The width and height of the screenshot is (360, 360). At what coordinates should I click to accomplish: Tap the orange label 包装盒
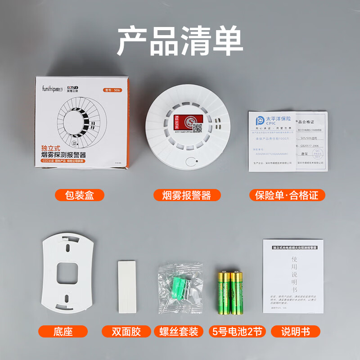[79, 195]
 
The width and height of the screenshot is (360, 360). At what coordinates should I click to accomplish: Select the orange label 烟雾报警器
[185, 195]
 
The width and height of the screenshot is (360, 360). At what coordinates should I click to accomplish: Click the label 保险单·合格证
[287, 195]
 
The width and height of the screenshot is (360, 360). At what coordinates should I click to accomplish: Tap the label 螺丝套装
[179, 332]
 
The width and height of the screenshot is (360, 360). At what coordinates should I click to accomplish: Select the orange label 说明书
[295, 332]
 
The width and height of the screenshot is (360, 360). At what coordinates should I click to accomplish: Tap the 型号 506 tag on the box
[115, 90]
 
